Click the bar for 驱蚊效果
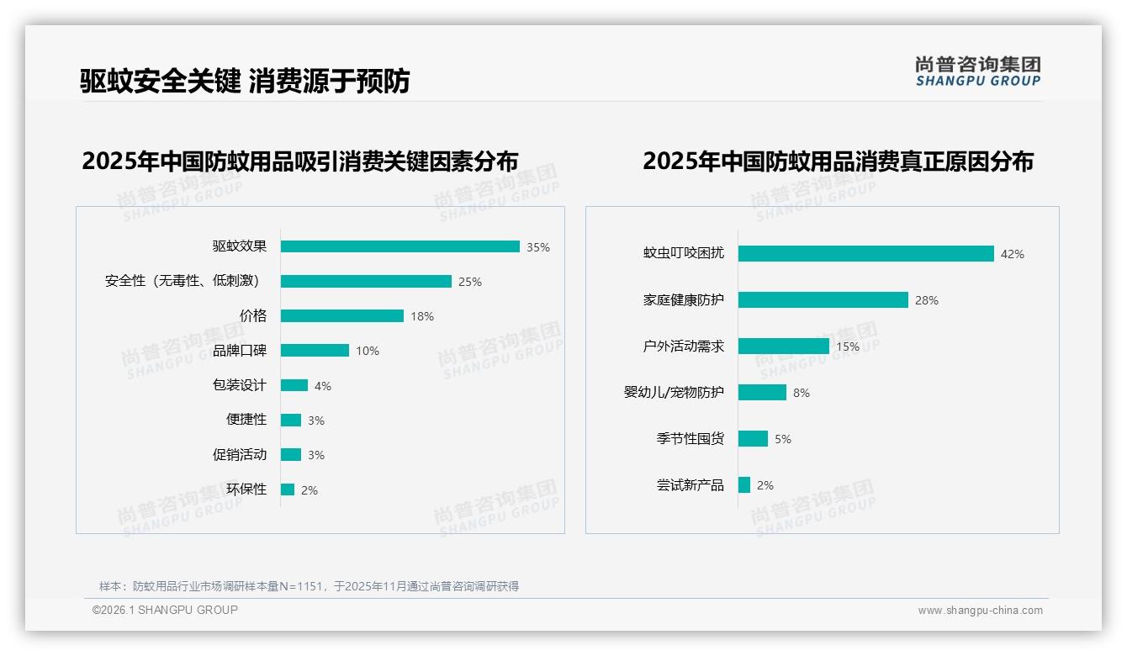[399, 246]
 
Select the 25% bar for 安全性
[366, 281]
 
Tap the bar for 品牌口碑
[315, 351]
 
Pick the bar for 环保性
[288, 489]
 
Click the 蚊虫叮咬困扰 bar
[865, 253]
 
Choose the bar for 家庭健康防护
[823, 299]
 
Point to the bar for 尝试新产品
[744, 485]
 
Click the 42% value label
[1012, 254]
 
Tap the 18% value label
[422, 316]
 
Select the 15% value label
[848, 347]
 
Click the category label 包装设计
[239, 385]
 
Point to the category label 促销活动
[239, 454]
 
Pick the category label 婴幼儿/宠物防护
[673, 392]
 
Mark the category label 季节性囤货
[690, 438]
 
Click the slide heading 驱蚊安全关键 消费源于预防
[245, 81]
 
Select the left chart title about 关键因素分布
[299, 161]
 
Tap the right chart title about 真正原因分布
[838, 161]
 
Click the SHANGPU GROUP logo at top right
[977, 71]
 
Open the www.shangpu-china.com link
[980, 611]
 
